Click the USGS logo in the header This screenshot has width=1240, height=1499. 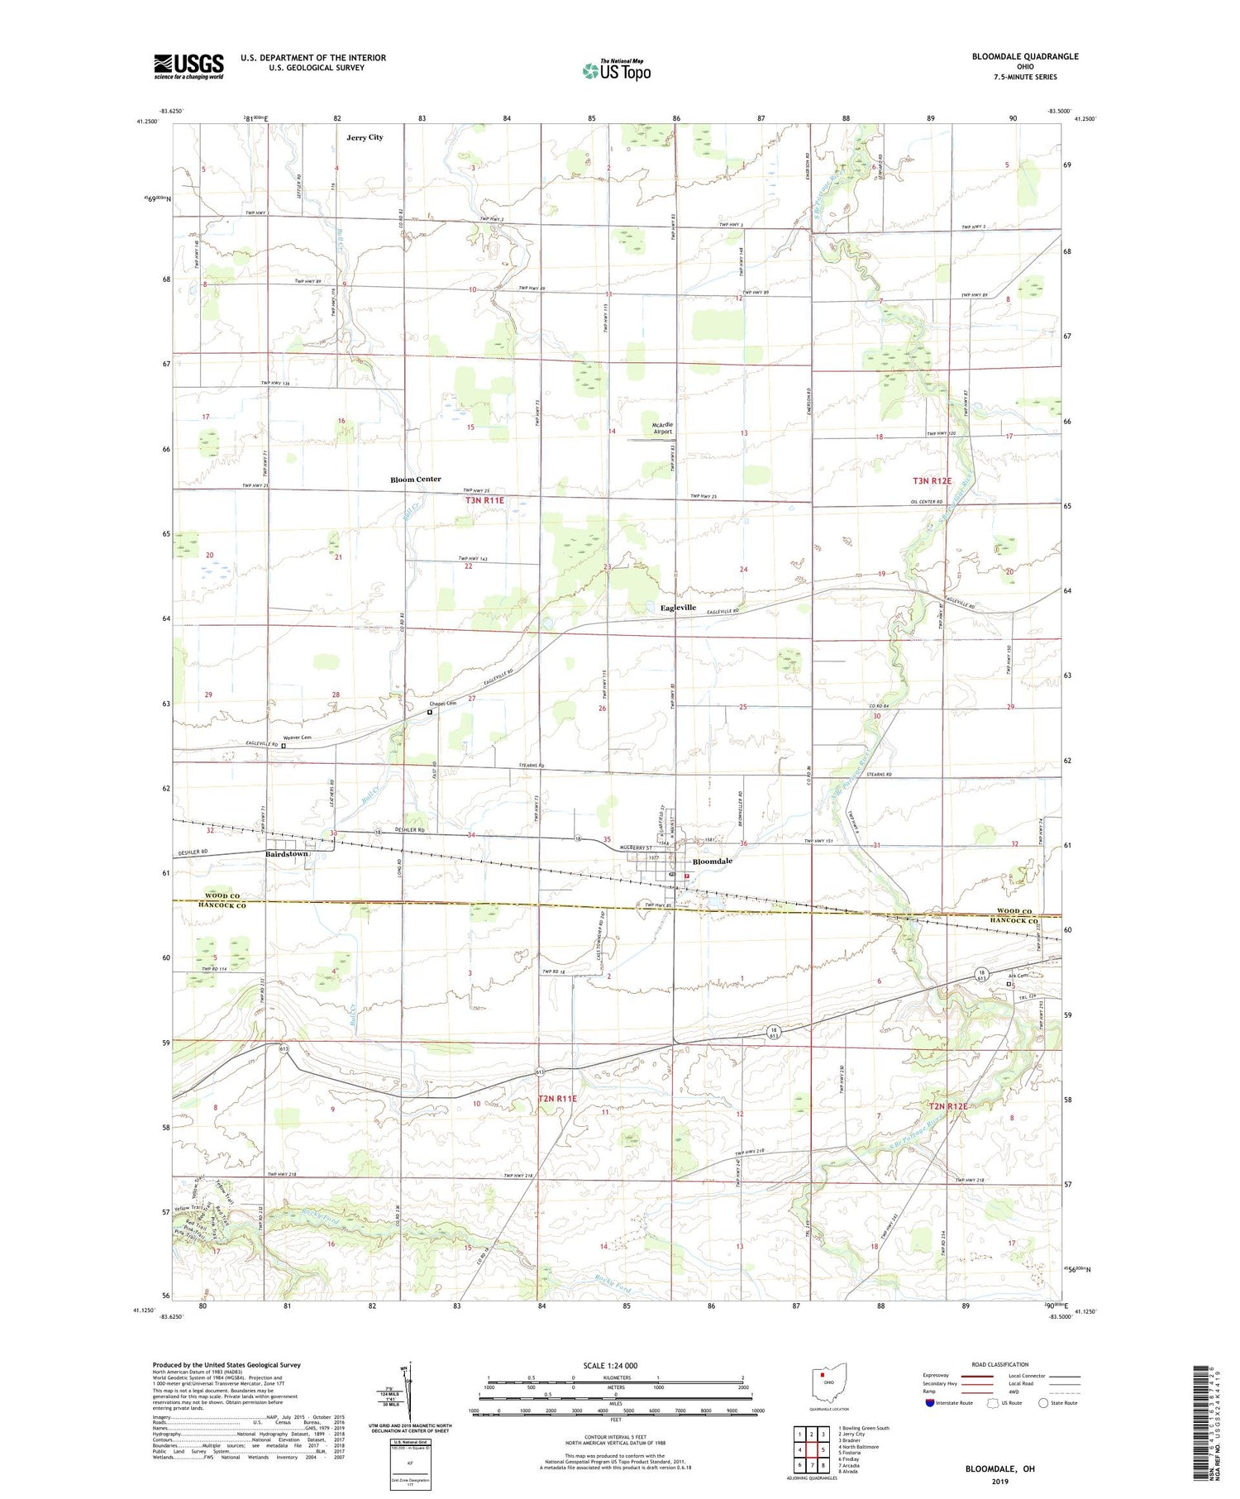(188, 66)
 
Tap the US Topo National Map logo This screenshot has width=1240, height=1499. (616, 70)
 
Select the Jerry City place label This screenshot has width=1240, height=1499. (365, 137)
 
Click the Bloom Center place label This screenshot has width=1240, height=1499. (416, 480)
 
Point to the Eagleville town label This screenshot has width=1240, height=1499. (678, 608)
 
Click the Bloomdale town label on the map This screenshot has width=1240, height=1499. (712, 861)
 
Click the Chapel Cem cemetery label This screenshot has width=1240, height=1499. (441, 703)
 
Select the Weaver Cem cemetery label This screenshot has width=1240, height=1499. (297, 738)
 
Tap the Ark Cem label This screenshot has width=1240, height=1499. (1017, 976)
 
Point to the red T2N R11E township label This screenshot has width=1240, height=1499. (557, 1098)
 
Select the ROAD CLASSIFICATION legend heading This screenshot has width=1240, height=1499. (1000, 1364)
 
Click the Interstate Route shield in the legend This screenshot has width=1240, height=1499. (932, 1403)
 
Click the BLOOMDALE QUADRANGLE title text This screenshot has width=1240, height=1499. (1025, 56)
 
